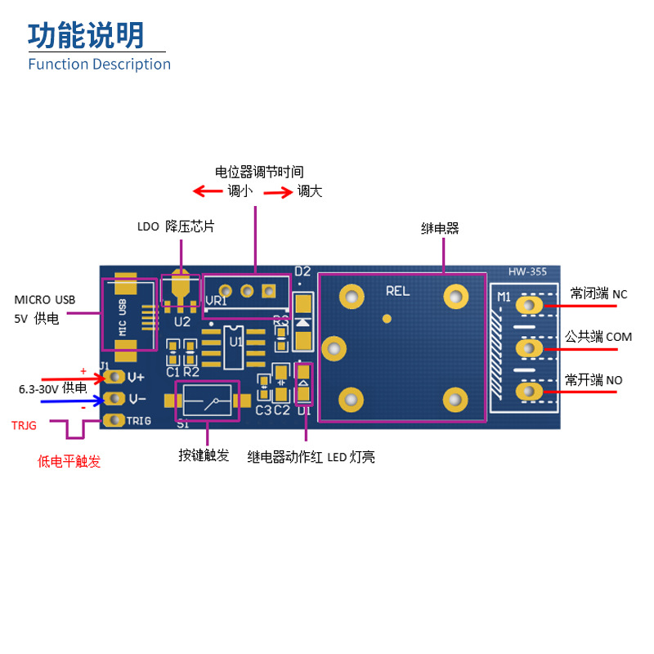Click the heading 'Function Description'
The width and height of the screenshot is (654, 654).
pyautogui.click(x=99, y=65)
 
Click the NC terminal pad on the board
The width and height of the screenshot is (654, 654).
pyautogui.click(x=529, y=306)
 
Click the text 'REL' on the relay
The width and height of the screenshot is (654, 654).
pyautogui.click(x=397, y=290)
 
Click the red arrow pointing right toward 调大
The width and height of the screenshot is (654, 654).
pyautogui.click(x=278, y=193)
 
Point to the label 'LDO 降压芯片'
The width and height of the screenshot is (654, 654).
pyautogui.click(x=177, y=226)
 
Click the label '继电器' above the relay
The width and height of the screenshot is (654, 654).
pyautogui.click(x=440, y=229)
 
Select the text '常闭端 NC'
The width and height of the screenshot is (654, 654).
pyautogui.click(x=598, y=293)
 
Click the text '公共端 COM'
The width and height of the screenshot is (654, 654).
pyautogui.click(x=598, y=337)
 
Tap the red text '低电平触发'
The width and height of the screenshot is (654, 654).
pyautogui.click(x=69, y=462)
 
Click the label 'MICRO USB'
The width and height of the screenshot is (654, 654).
pyautogui.click(x=45, y=300)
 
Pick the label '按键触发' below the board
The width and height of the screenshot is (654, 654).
pyautogui.click(x=204, y=455)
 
